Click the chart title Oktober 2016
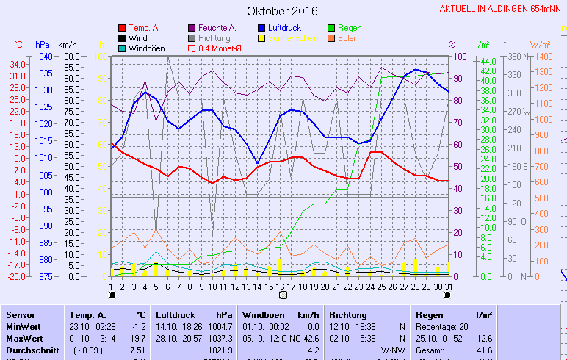[282, 11]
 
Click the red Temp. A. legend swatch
[121, 28]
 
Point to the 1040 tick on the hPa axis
[43, 57]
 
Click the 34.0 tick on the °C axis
[18, 64]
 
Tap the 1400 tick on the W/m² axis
[541, 57]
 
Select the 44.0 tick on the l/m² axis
[488, 61]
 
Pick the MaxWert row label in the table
[24, 339]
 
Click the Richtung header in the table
[347, 314]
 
